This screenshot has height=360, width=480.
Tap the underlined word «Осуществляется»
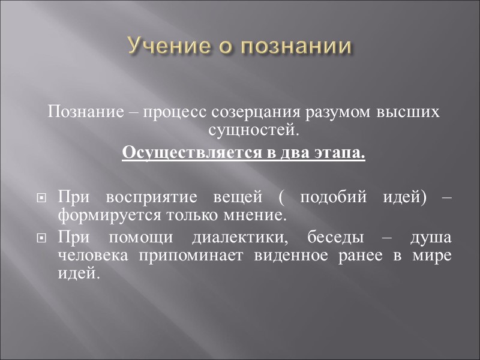pyautogui.click(x=173, y=152)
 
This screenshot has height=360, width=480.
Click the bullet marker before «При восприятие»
pyautogui.click(x=41, y=197)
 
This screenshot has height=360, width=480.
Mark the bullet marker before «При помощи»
pyautogui.click(x=41, y=239)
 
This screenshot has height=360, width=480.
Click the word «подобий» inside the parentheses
pyautogui.click(x=329, y=197)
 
